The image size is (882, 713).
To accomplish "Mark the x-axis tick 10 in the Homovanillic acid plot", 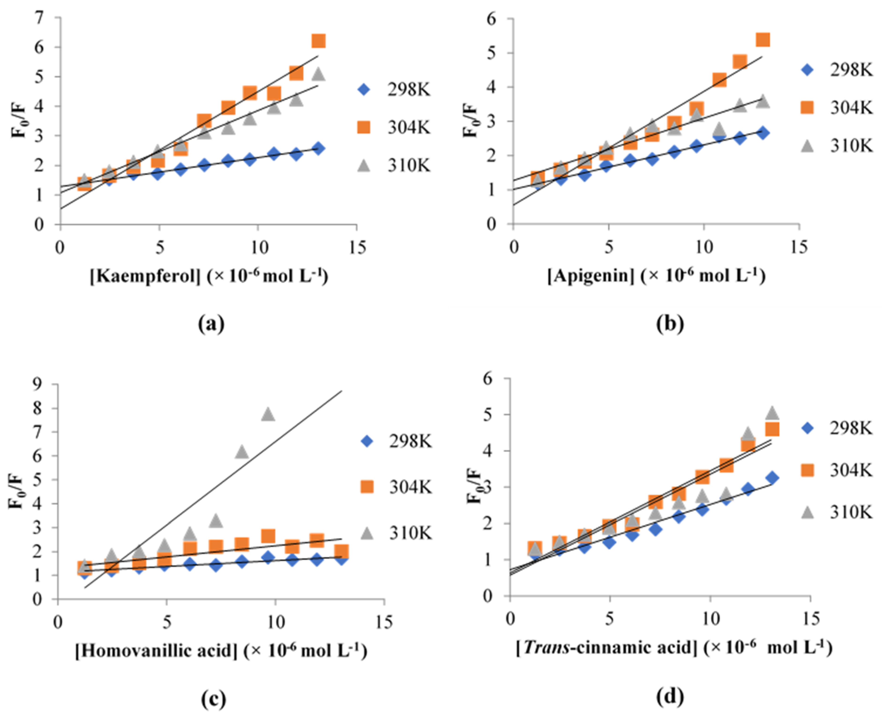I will (x=275, y=622).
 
